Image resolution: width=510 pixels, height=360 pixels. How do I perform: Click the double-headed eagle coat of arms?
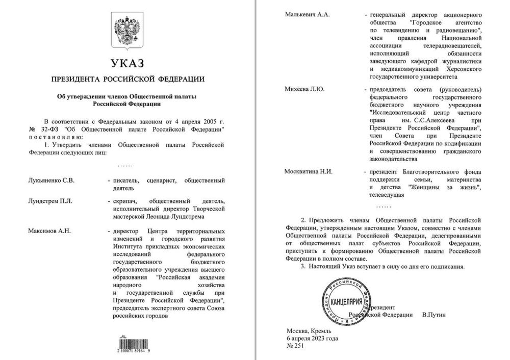coord(127,31)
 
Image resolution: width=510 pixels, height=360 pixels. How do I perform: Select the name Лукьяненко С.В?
coord(52,181)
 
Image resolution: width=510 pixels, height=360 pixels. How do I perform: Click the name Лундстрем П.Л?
coord(50,200)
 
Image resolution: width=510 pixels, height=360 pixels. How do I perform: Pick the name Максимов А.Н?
coord(49,231)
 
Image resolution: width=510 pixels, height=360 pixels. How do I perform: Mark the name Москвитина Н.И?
coord(308,171)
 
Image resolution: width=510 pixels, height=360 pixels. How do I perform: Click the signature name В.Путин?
coord(433,315)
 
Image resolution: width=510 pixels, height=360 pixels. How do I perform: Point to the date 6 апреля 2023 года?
coord(312,338)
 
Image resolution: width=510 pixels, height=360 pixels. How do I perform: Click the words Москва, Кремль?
coord(309,331)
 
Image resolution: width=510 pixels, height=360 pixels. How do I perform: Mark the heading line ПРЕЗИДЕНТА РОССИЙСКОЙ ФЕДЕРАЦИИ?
coord(127,80)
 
